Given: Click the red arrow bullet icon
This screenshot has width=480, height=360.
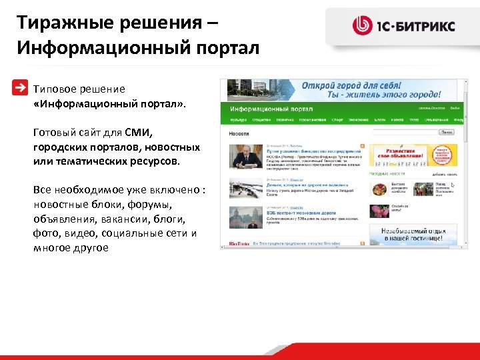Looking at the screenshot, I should (22, 88).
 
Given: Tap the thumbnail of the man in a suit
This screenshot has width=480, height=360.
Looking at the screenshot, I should (246, 157).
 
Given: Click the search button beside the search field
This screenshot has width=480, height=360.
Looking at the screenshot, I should (446, 133).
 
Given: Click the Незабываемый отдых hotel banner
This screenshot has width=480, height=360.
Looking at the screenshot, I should (414, 235).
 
